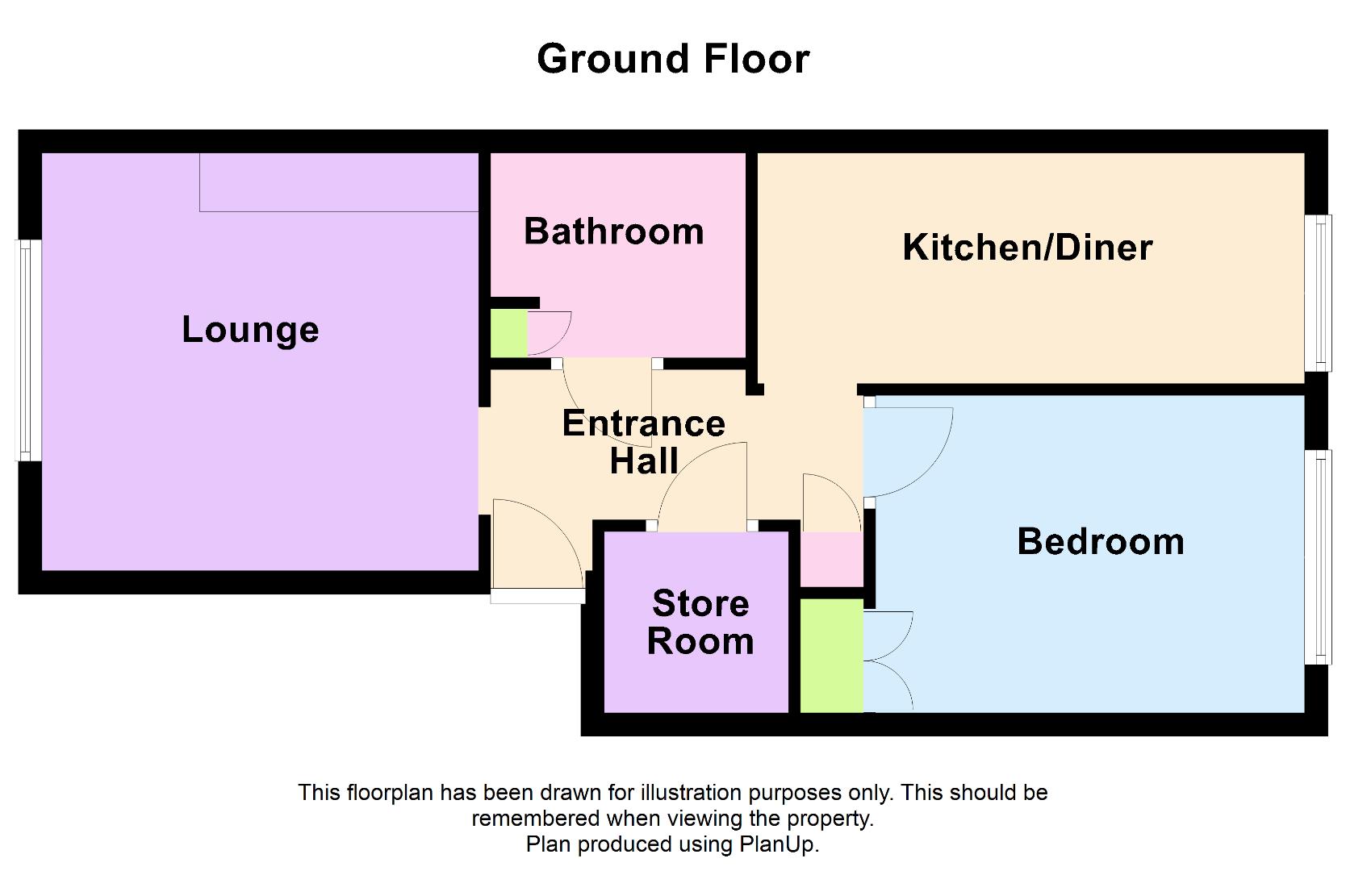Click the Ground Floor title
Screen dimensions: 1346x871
(x=673, y=60)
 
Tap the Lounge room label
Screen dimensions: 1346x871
(x=250, y=331)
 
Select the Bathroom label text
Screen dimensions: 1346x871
(x=613, y=231)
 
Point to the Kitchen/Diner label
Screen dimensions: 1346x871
(x=1027, y=247)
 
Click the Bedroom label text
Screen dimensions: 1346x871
(x=1101, y=541)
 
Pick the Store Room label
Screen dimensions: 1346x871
(x=700, y=622)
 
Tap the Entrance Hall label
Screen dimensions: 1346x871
(x=644, y=442)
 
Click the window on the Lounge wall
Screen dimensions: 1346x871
(x=28, y=351)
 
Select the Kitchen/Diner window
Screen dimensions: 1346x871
(x=1318, y=293)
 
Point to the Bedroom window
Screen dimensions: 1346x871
(x=1318, y=557)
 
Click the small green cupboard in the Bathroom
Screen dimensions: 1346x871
(x=509, y=333)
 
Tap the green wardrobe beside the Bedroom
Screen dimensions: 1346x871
(x=832, y=656)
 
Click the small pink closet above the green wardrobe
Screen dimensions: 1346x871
(x=832, y=559)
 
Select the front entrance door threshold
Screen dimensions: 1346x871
(x=537, y=595)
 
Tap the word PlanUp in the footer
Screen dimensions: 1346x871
(x=778, y=844)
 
